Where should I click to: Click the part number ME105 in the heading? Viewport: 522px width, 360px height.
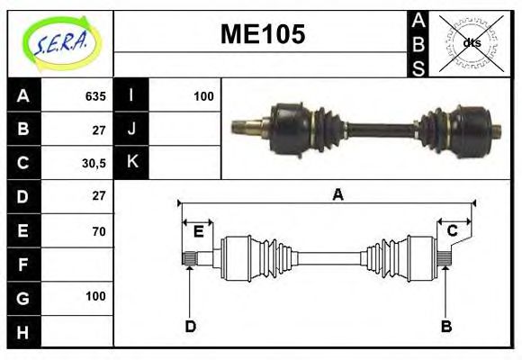click(263, 35)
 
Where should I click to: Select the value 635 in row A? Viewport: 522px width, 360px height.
click(94, 96)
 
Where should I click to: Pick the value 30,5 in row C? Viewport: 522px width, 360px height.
click(94, 163)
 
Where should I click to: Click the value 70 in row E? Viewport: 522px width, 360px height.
click(98, 231)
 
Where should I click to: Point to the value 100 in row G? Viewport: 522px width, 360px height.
click(95, 296)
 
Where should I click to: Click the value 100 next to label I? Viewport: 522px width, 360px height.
click(203, 96)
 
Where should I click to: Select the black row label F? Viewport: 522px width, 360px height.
click(22, 265)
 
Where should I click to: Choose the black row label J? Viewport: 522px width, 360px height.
click(131, 130)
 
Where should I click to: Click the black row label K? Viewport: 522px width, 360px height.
click(131, 163)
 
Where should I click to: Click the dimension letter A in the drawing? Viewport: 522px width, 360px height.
click(337, 193)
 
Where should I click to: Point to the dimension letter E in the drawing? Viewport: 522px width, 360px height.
click(198, 232)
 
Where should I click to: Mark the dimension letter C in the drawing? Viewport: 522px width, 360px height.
click(453, 231)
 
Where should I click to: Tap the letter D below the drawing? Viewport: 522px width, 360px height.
click(190, 326)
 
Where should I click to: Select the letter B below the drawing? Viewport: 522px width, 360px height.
click(445, 326)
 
